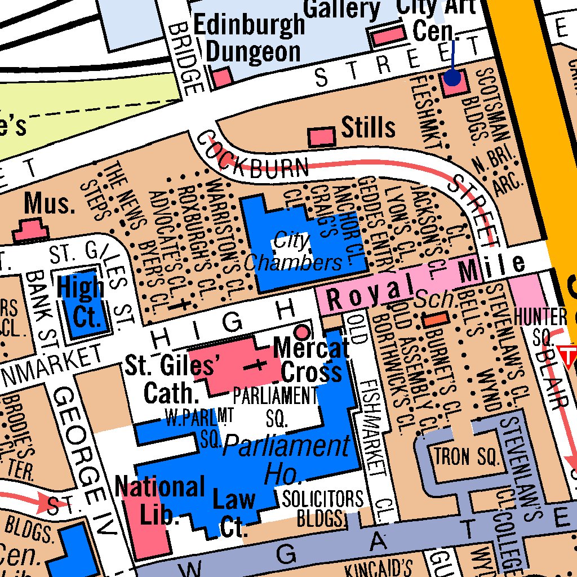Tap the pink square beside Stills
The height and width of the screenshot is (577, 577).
pyautogui.click(x=322, y=136)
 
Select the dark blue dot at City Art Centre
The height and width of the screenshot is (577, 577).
pyautogui.click(x=452, y=78)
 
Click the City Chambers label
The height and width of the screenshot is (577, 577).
pyautogui.click(x=293, y=252)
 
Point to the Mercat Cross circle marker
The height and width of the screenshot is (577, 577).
pyautogui.click(x=303, y=330)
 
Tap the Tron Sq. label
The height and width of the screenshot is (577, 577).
pyautogui.click(x=467, y=456)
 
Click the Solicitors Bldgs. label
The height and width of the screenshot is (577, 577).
pyautogui.click(x=323, y=507)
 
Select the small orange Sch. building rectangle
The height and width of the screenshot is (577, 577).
pyautogui.click(x=436, y=319)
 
